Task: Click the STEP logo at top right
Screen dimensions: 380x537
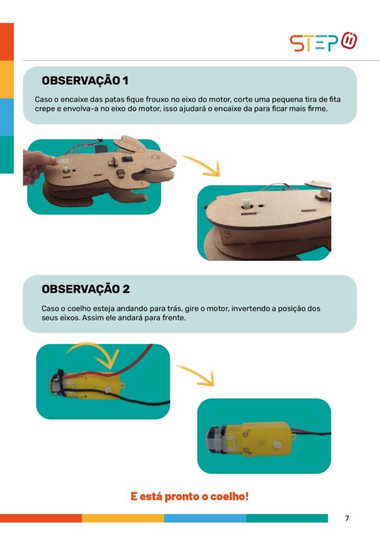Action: click(323, 42)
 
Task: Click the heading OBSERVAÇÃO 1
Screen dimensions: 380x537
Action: click(85, 80)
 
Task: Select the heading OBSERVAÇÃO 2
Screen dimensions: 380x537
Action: click(85, 289)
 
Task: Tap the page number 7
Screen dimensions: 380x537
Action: click(347, 518)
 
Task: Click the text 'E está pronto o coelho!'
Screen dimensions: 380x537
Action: click(190, 496)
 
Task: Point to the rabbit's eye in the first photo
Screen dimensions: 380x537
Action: click(156, 157)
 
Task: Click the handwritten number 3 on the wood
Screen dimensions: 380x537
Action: click(227, 234)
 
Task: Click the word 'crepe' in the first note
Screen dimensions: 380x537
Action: click(45, 109)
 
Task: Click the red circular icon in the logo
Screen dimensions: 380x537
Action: click(349, 41)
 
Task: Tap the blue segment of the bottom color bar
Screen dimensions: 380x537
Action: click(205, 518)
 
